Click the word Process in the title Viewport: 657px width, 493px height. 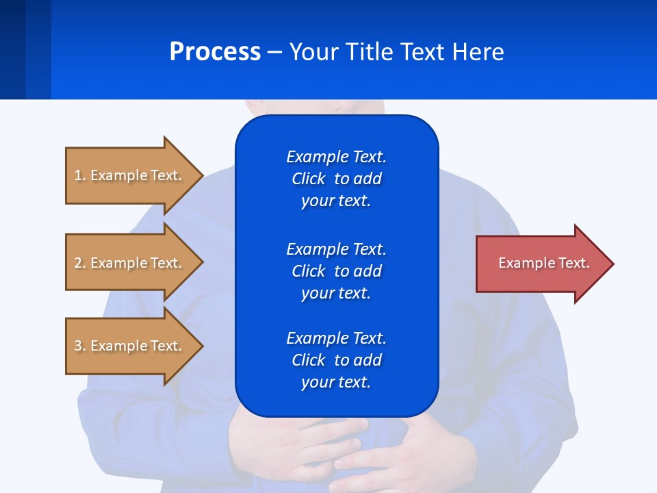pos(215,51)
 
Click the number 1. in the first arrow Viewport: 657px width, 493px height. pos(80,175)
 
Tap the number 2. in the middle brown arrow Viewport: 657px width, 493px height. pos(80,263)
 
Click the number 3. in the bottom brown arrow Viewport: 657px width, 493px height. pos(80,346)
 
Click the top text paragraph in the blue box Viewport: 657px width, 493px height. pos(336,179)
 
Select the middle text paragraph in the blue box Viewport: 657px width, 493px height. pos(336,270)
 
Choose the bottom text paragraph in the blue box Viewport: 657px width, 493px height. pos(336,360)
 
